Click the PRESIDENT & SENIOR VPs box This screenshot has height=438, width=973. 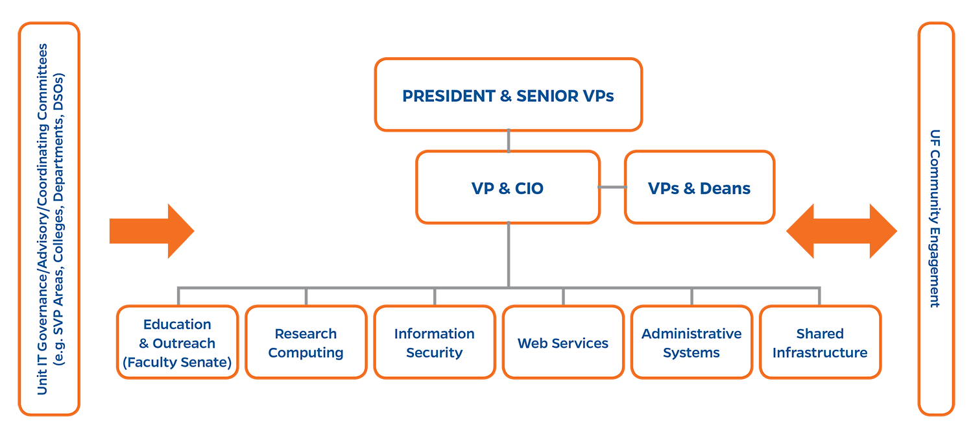pyautogui.click(x=508, y=95)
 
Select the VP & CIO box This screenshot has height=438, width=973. pyautogui.click(x=508, y=188)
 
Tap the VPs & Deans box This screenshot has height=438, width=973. pyautogui.click(x=699, y=188)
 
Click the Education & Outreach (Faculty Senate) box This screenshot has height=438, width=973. pyautogui.click(x=177, y=342)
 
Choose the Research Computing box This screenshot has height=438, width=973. pyautogui.click(x=306, y=342)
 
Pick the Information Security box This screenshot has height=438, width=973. pyautogui.click(x=434, y=342)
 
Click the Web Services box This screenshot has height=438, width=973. pyautogui.click(x=562, y=342)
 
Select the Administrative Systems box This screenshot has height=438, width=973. pyautogui.click(x=691, y=342)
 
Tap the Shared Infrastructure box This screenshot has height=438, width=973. pyautogui.click(x=820, y=342)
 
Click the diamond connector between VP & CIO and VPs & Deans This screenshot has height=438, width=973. pyautogui.click(x=612, y=187)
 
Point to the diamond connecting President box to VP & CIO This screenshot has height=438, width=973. pyautogui.click(x=509, y=140)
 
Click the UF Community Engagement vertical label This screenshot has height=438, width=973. pyautogui.click(x=935, y=219)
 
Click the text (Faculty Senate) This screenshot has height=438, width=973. pyautogui.click(x=177, y=363)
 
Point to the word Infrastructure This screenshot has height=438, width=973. pyautogui.click(x=820, y=353)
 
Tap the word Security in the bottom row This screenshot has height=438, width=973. pyautogui.click(x=434, y=353)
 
